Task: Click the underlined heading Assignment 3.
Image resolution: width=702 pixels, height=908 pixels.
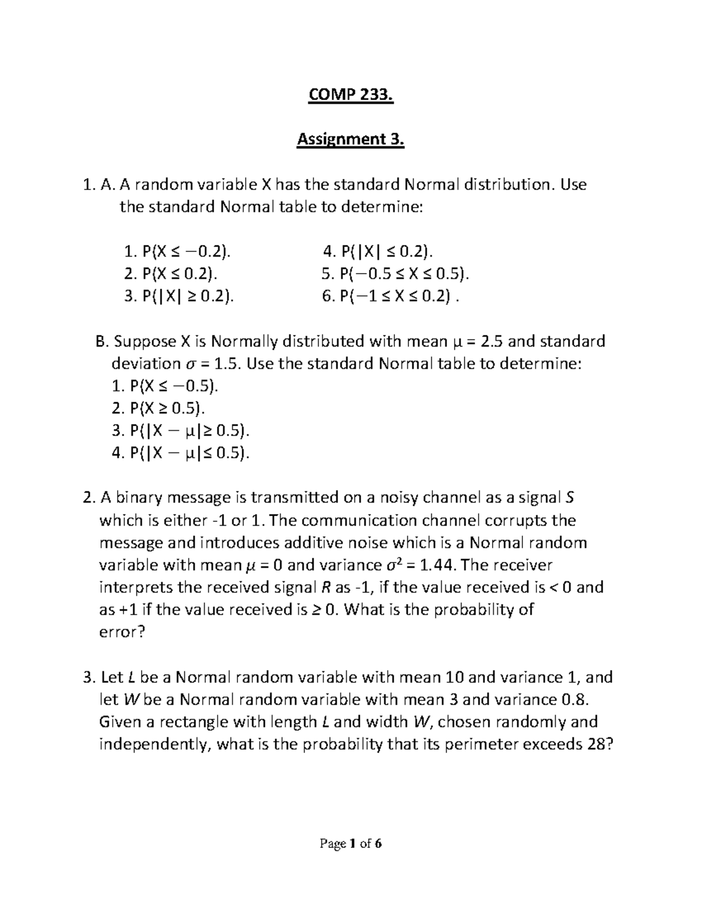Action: coord(351,140)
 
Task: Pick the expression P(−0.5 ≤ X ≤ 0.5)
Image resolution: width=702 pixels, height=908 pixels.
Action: coord(403,274)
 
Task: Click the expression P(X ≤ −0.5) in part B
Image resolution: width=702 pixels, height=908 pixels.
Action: coord(173,386)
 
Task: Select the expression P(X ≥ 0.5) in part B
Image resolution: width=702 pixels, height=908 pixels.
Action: coord(166,409)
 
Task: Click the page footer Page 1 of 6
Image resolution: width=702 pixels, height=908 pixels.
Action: coord(350,844)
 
